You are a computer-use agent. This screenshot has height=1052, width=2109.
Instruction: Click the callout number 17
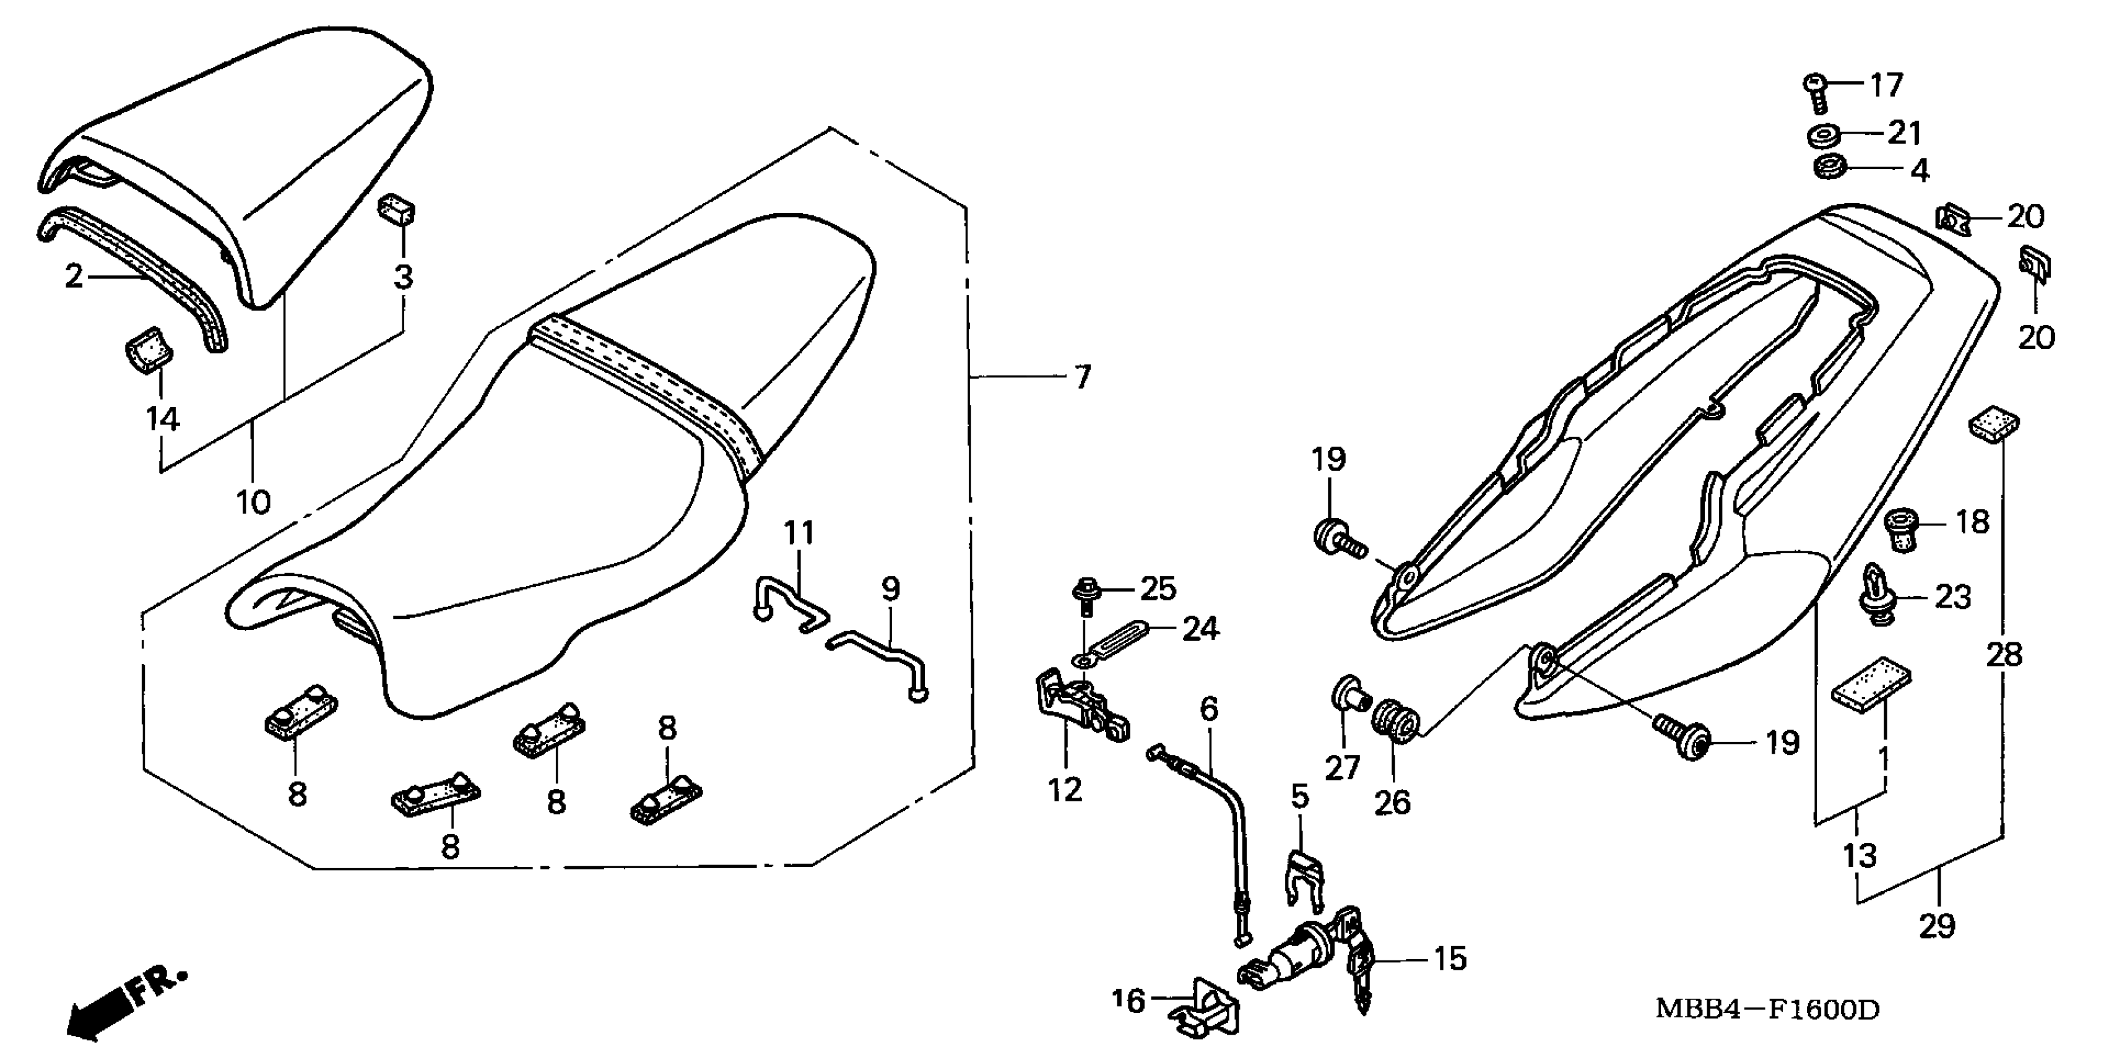pos(1886,85)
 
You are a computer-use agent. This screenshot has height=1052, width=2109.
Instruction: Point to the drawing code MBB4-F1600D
pos(1767,1009)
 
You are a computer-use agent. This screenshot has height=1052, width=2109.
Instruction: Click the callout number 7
pos(1082,377)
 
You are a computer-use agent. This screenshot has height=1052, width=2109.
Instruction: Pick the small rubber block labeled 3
pos(396,209)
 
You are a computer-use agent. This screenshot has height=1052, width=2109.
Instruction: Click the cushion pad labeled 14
pos(148,351)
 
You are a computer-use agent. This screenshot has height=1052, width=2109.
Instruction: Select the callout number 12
pos(1065,790)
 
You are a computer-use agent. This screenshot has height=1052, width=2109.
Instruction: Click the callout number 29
pos(1936,926)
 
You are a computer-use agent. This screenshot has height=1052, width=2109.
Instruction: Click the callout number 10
pos(253,501)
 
